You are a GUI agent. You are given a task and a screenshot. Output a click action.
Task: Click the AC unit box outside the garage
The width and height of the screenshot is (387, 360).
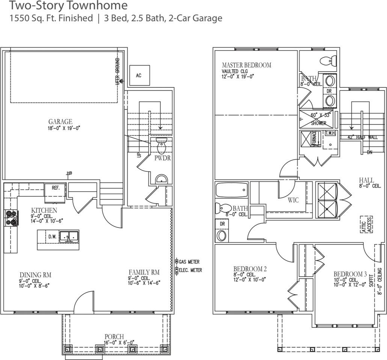139,75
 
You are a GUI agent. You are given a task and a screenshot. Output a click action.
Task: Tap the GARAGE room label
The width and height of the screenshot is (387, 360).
60,121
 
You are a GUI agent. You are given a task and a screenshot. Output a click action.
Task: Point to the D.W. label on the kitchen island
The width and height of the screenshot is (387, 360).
52,237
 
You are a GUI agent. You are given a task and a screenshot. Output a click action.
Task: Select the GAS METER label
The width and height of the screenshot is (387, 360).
189,262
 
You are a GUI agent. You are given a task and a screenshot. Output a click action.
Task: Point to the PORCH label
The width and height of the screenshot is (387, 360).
114,336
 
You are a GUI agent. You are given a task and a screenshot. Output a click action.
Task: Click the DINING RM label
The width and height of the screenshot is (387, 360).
35,275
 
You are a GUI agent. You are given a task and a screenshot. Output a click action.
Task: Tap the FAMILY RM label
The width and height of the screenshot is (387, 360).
144,272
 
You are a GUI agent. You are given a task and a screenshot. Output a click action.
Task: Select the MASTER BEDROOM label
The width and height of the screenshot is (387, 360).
246,65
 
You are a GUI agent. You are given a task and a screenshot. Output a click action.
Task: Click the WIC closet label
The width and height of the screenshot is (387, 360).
293,200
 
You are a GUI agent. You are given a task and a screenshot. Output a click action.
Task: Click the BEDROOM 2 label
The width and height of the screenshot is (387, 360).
250,269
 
